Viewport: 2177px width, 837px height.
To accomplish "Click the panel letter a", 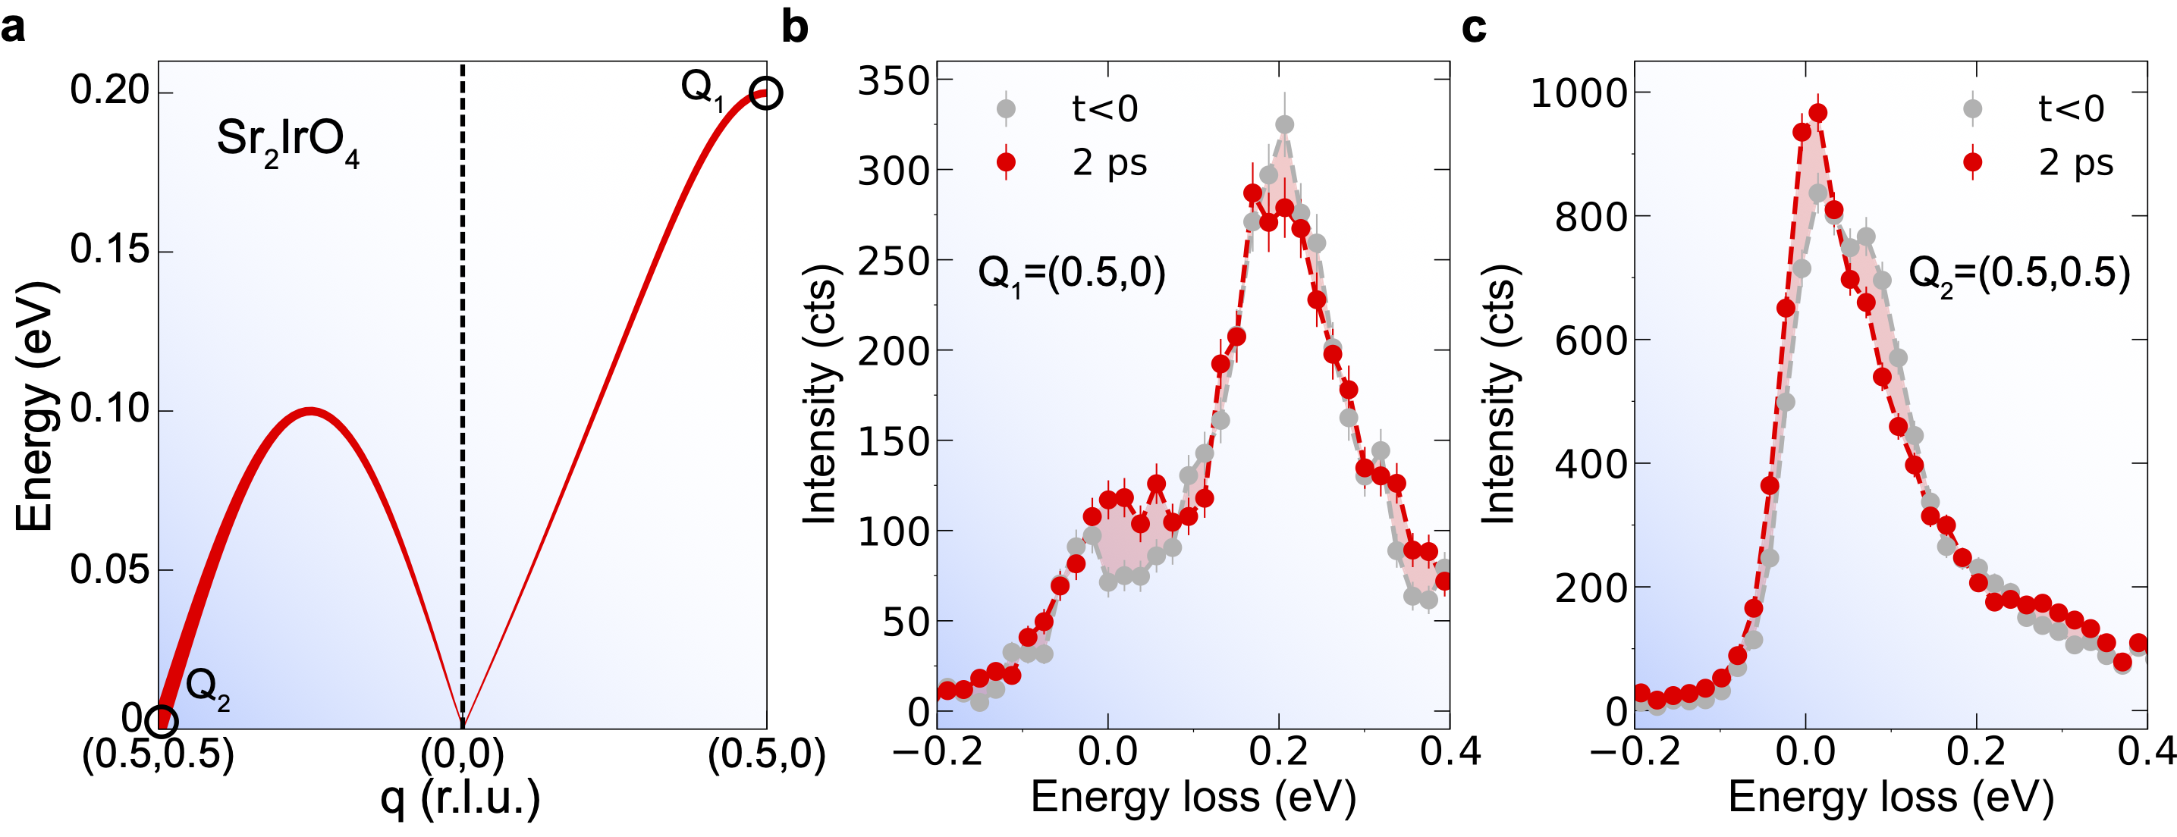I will click(14, 29).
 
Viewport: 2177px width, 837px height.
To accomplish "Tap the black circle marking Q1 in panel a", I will click(765, 93).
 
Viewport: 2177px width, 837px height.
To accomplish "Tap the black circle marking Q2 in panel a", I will click(162, 720).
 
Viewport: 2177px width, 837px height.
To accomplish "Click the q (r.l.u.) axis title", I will click(460, 798).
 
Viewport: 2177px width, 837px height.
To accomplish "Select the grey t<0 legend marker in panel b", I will click(1006, 108).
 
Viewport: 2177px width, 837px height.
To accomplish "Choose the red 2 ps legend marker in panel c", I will click(1972, 162).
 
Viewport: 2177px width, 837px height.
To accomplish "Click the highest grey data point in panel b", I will click(1284, 125).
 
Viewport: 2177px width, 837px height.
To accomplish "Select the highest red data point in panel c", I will click(1817, 113).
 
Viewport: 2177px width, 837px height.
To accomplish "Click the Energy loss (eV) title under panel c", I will click(1890, 798).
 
